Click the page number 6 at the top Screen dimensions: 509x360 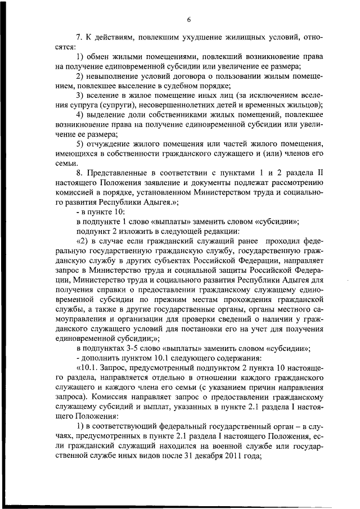(190, 20)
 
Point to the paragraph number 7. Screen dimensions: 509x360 (79, 38)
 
